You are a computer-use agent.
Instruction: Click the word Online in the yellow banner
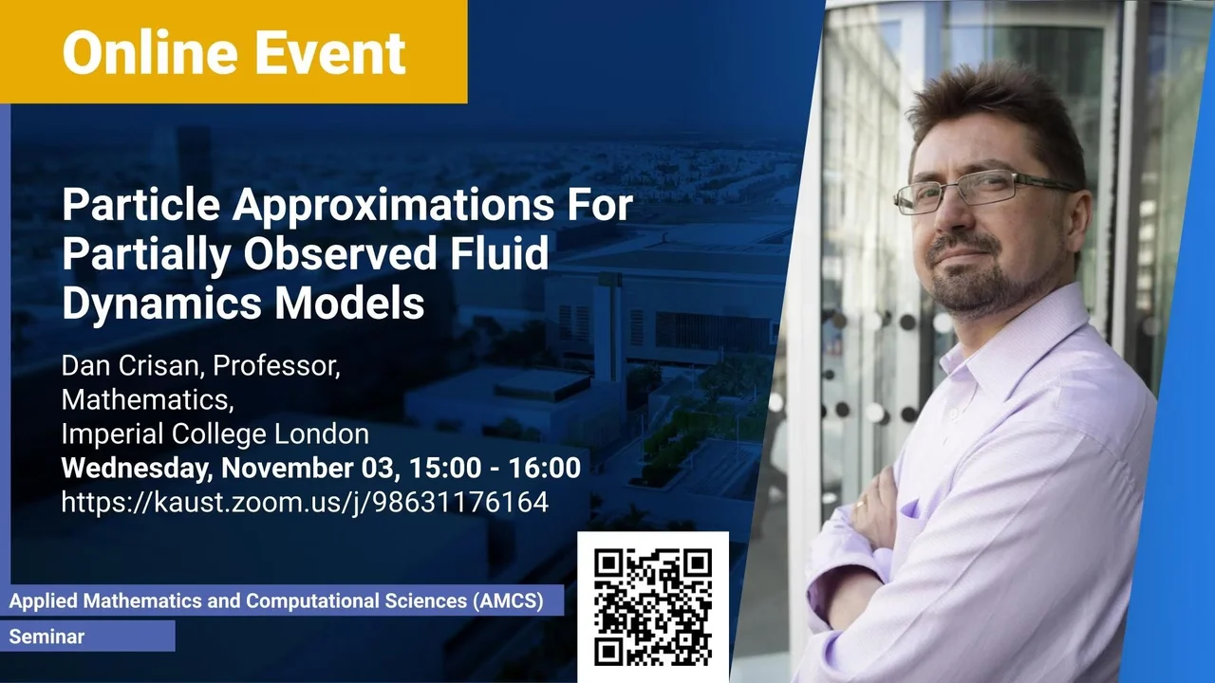pyautogui.click(x=150, y=52)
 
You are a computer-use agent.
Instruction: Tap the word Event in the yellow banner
pyautogui.click(x=329, y=52)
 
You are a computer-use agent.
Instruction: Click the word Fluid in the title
pyautogui.click(x=499, y=252)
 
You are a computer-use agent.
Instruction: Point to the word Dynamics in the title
pyautogui.click(x=162, y=305)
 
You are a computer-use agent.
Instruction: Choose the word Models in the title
pyautogui.click(x=349, y=303)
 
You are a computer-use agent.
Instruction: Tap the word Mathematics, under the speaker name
pyautogui.click(x=147, y=400)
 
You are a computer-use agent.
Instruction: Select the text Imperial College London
pyautogui.click(x=215, y=434)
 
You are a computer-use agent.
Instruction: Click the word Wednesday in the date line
pyautogui.click(x=137, y=469)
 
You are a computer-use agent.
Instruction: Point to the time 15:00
pyautogui.click(x=445, y=468)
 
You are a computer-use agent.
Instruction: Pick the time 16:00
pyautogui.click(x=545, y=468)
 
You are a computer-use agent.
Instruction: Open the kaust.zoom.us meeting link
pyautogui.click(x=305, y=503)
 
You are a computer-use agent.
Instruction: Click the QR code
pyautogui.click(x=653, y=606)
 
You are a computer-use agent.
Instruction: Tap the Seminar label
pyautogui.click(x=47, y=637)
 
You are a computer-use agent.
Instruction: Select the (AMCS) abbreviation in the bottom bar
pyautogui.click(x=508, y=601)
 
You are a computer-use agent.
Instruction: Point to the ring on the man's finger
pyautogui.click(x=861, y=504)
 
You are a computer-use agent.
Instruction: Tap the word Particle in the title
pyautogui.click(x=141, y=204)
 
